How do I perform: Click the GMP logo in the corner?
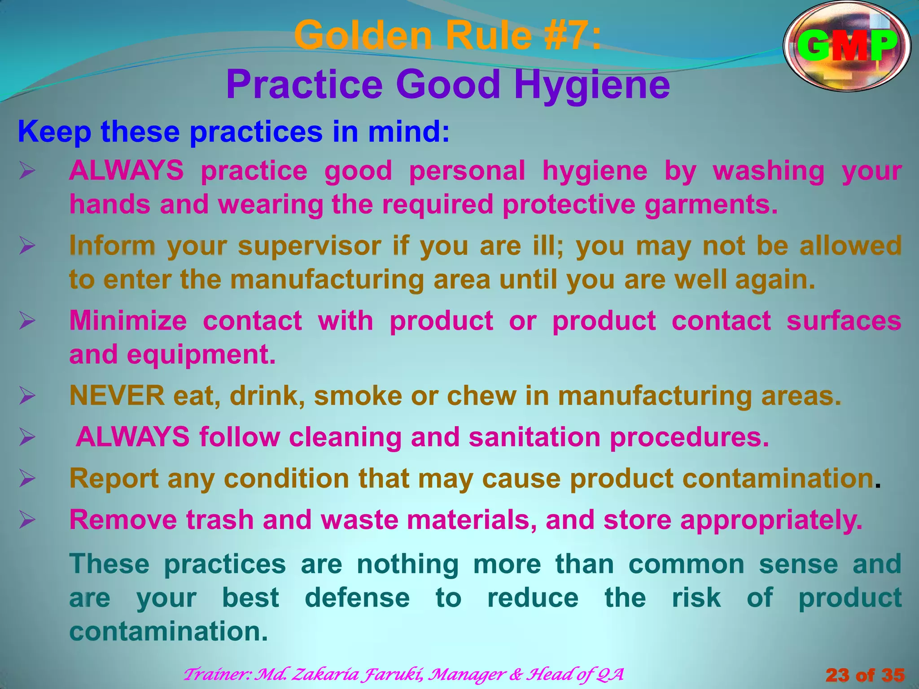coord(847,46)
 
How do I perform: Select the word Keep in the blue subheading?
coord(54,132)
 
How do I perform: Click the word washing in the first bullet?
coord(769,171)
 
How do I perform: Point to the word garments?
coord(711,205)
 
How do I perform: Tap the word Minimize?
coord(128,321)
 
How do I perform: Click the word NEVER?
coord(117,396)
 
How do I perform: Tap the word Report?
coord(114,478)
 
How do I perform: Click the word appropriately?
coord(771,520)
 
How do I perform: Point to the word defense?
coord(357,597)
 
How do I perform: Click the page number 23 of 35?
coord(865,675)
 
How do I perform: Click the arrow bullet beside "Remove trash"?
coord(27,520)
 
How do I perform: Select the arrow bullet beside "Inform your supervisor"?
coord(27,246)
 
